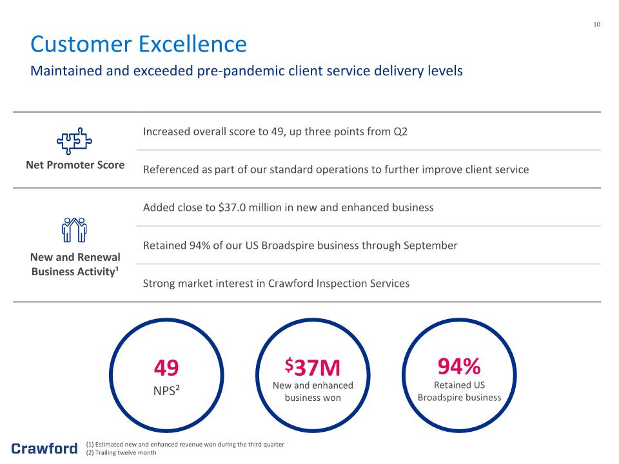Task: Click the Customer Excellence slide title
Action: (139, 44)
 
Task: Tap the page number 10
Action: (596, 24)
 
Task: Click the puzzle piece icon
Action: (74, 141)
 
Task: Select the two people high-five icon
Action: (74, 229)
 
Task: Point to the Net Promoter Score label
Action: (75, 165)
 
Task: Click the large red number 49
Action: (166, 367)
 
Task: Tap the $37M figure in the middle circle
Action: (312, 367)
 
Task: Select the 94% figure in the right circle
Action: (459, 366)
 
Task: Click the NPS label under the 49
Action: (166, 391)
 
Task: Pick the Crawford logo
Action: (44, 449)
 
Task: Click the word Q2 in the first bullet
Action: (400, 131)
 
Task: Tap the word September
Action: (430, 246)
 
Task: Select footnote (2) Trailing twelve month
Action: (121, 452)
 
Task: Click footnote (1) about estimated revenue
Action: (185, 444)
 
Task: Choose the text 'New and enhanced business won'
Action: (313, 391)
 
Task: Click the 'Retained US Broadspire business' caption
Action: (459, 391)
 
